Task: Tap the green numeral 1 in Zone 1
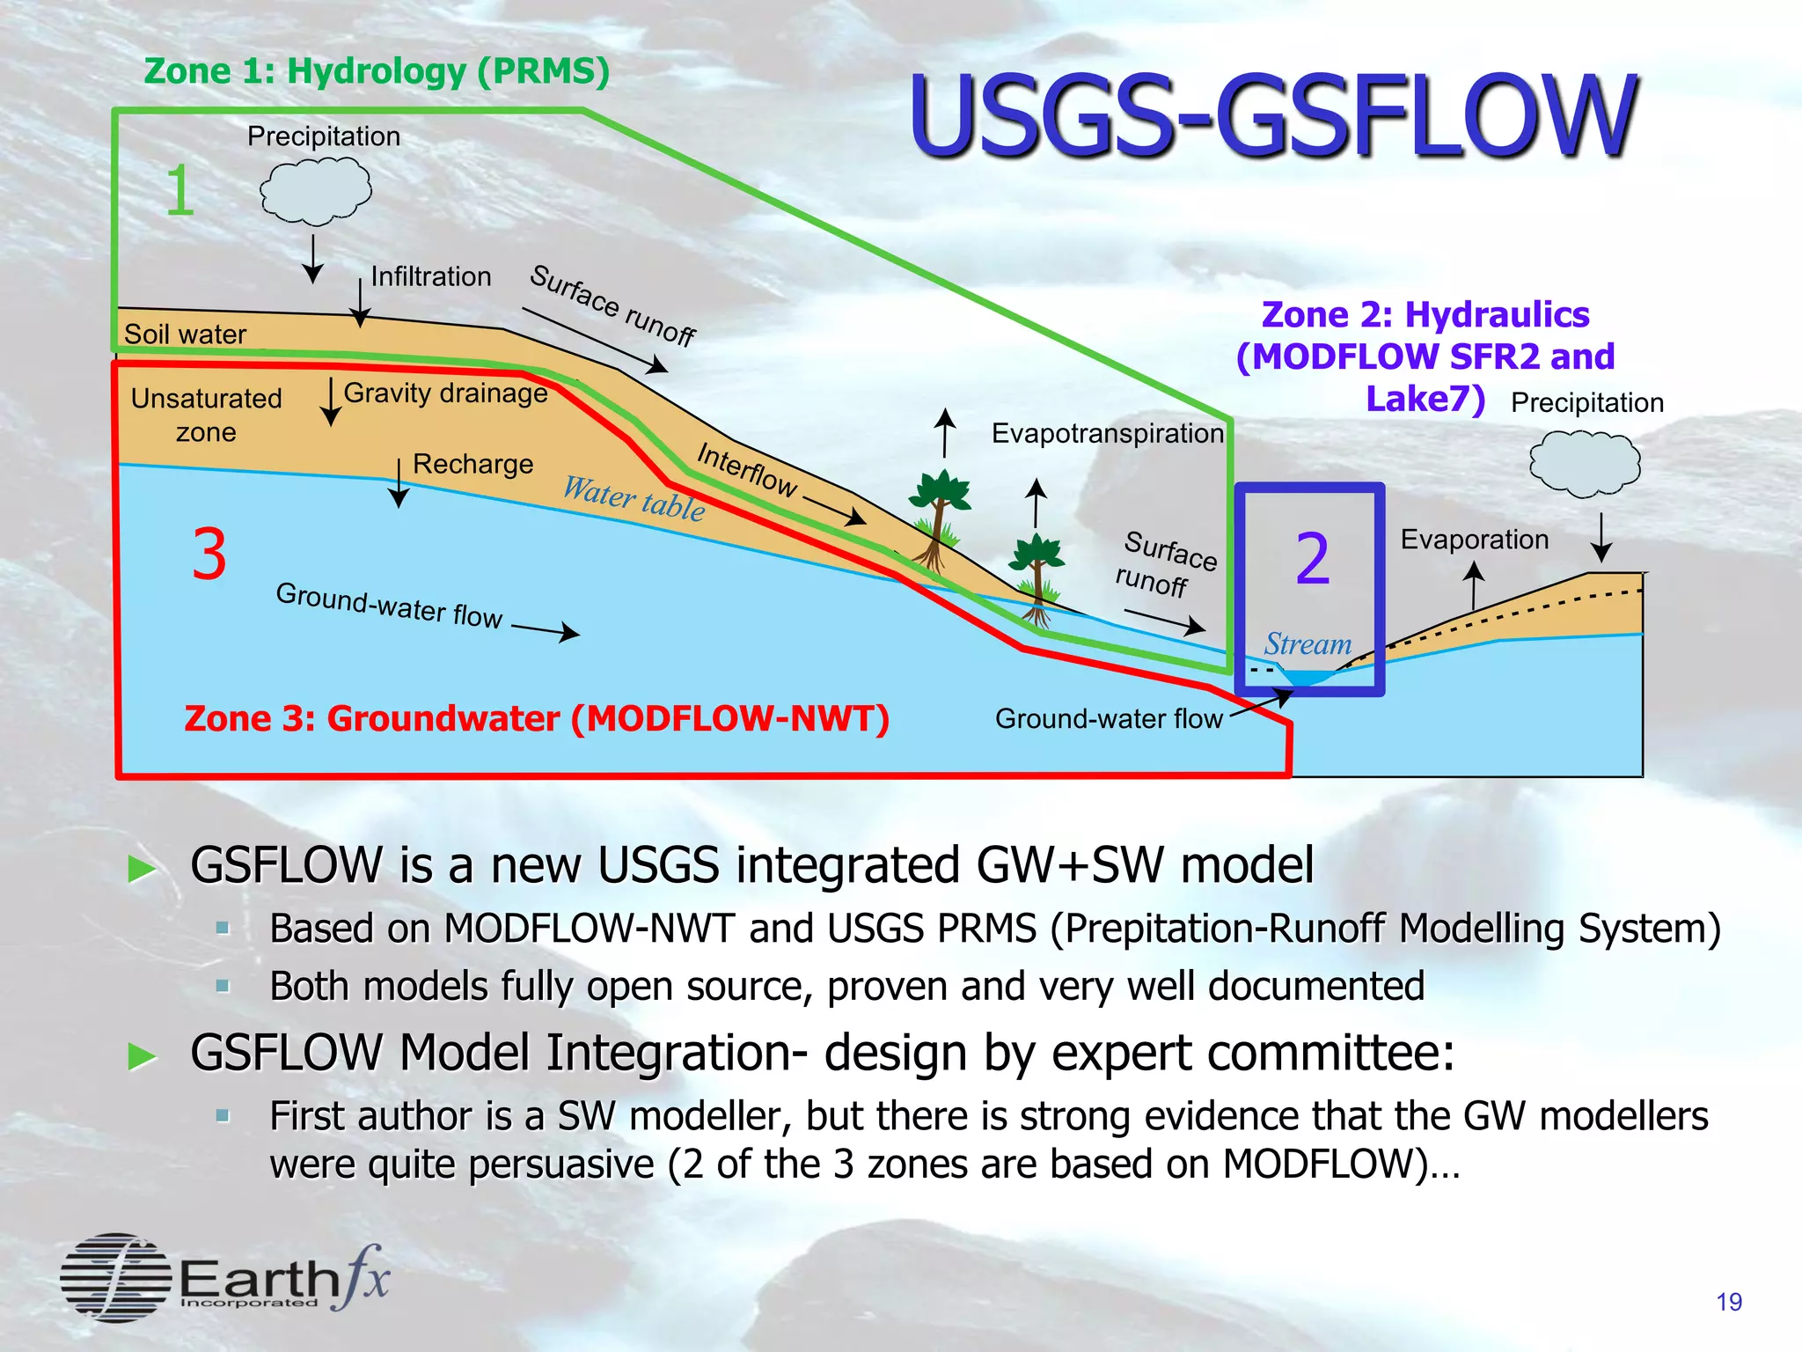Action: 179,191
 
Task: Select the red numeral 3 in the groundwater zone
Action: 209,555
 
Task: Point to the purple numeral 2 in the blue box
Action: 1312,559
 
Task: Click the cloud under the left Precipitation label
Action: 315,191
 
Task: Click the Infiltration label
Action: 430,276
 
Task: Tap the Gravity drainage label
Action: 445,393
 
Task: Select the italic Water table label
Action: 634,498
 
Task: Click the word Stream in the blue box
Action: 1308,644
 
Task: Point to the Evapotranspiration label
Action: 1107,433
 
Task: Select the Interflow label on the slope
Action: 746,469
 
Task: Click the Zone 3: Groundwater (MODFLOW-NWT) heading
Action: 537,718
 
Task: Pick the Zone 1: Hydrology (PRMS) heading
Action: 377,71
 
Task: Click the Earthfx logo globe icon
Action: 116,1277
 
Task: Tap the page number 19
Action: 1728,1302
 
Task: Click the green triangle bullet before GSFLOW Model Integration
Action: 143,1054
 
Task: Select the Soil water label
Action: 185,334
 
